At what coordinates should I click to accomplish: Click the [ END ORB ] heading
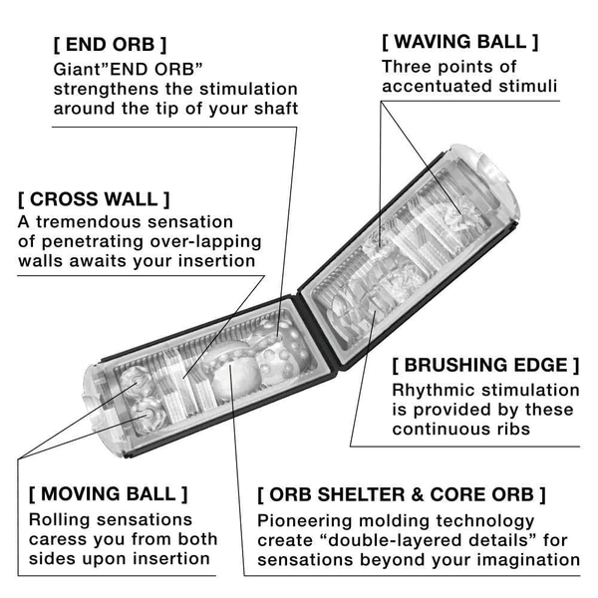point(110,45)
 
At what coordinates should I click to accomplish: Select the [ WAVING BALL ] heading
point(459,42)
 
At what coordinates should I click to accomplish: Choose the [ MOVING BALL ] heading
point(108,493)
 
